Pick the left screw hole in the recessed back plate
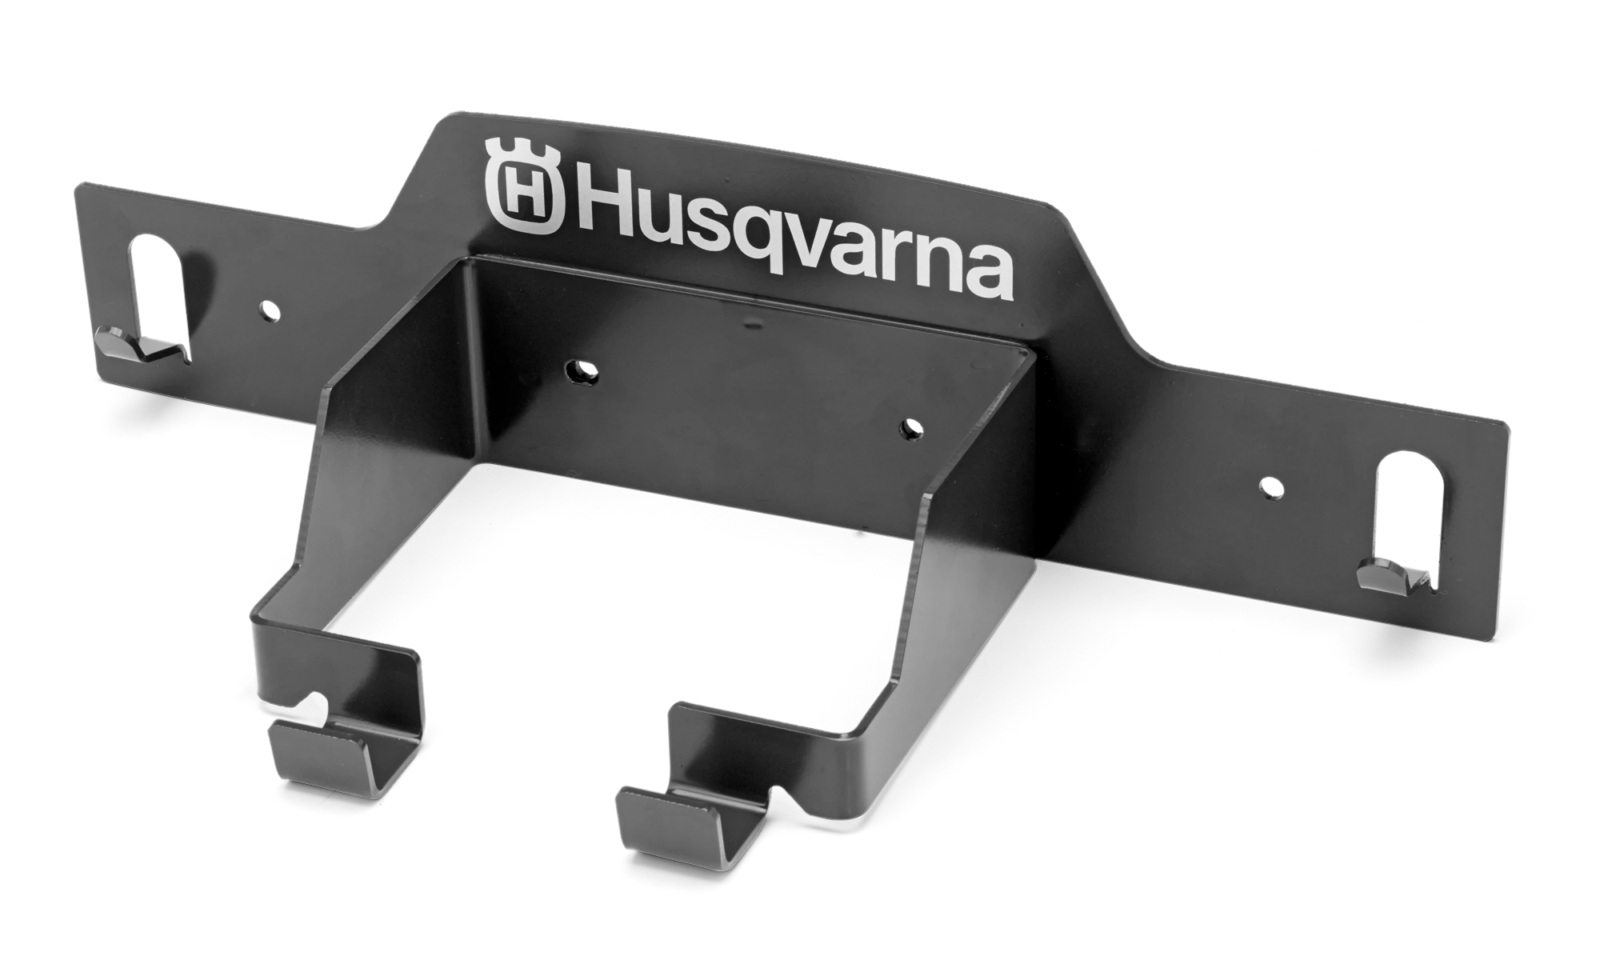579,369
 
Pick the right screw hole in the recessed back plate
910,428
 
